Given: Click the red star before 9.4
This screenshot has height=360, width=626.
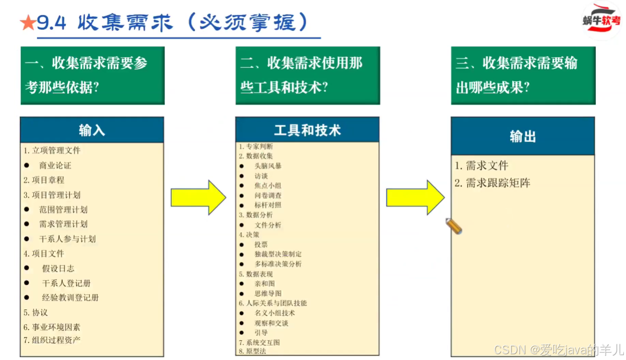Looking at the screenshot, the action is click(x=28, y=22).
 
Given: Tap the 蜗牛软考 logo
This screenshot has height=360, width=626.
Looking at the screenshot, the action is click(x=601, y=20).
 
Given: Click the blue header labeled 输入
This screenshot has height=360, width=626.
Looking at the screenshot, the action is click(x=92, y=130).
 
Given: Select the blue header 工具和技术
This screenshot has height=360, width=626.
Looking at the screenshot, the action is click(x=307, y=130).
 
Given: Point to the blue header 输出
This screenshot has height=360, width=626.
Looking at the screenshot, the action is click(x=523, y=137).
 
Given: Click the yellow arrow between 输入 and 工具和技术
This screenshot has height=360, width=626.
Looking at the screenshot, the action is click(x=199, y=197).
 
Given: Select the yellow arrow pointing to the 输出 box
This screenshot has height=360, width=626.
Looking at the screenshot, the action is click(x=415, y=197).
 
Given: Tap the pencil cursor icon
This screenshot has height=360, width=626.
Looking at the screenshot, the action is click(x=454, y=226).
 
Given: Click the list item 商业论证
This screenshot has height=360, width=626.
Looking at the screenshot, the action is click(x=55, y=165).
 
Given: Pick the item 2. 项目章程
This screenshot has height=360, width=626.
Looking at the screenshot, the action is click(x=44, y=180).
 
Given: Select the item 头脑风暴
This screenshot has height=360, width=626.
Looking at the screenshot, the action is click(x=268, y=166).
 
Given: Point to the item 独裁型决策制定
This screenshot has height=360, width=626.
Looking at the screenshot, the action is click(x=278, y=254).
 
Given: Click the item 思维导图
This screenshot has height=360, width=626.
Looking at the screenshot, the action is click(x=268, y=293).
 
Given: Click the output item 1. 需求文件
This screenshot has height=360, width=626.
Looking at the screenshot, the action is click(x=481, y=166).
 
